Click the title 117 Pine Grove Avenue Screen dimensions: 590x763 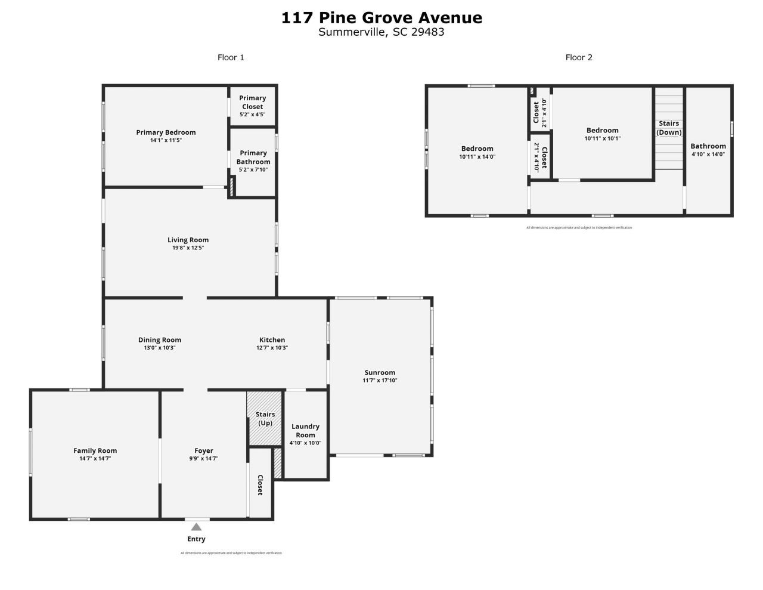[x=381, y=18]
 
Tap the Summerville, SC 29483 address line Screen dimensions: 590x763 [x=381, y=32]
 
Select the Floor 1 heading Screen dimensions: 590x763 [x=231, y=57]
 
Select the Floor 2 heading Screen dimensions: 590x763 [x=579, y=57]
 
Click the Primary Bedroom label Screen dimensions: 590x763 [x=166, y=132]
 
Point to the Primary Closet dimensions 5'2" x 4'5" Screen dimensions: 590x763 [x=253, y=115]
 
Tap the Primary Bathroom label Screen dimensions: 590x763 [x=253, y=157]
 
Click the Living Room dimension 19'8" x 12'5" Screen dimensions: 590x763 [x=188, y=248]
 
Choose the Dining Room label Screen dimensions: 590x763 [x=160, y=340]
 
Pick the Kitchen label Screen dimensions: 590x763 [x=272, y=340]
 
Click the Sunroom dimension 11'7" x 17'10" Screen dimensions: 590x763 [x=380, y=381]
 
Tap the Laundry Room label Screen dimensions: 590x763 [x=305, y=431]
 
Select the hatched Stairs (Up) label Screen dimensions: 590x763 [x=265, y=418]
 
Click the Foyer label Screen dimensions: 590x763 [x=204, y=451]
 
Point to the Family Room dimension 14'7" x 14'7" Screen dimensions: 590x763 [x=95, y=459]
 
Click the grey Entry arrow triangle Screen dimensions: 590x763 [x=196, y=527]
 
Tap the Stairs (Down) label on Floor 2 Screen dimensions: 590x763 [x=669, y=128]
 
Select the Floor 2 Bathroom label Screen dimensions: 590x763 [x=708, y=146]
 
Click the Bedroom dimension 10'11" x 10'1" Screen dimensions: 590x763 [x=602, y=138]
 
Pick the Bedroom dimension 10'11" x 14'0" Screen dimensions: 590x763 [x=477, y=157]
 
